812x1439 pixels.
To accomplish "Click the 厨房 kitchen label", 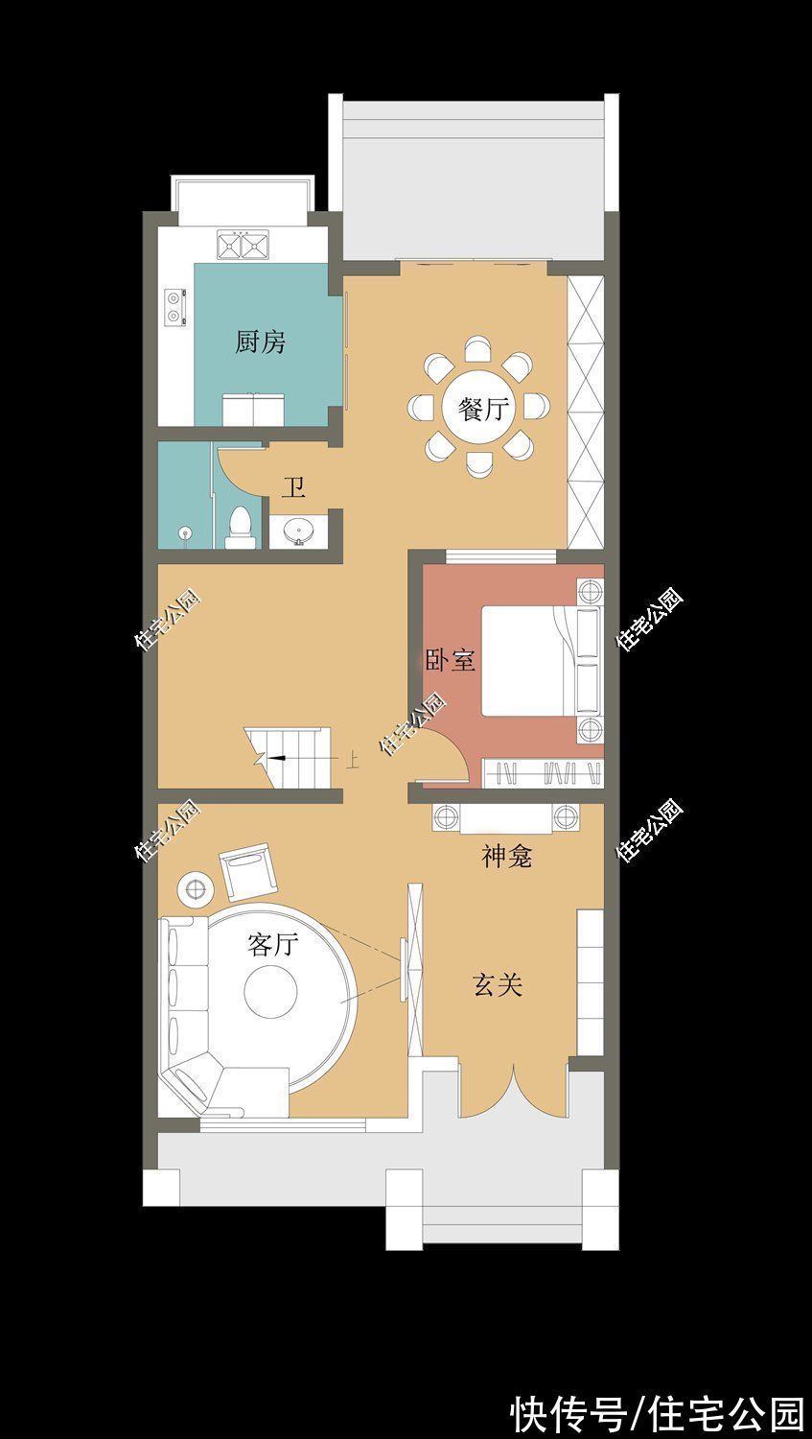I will [261, 342].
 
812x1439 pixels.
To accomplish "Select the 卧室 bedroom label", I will [450, 660].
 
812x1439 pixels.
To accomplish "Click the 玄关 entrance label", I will [498, 984].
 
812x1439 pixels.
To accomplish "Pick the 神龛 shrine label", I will [506, 856].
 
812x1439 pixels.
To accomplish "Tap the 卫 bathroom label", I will [293, 488].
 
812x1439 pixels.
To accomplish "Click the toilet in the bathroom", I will [241, 529].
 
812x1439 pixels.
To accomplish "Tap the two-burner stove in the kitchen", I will [174, 306].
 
